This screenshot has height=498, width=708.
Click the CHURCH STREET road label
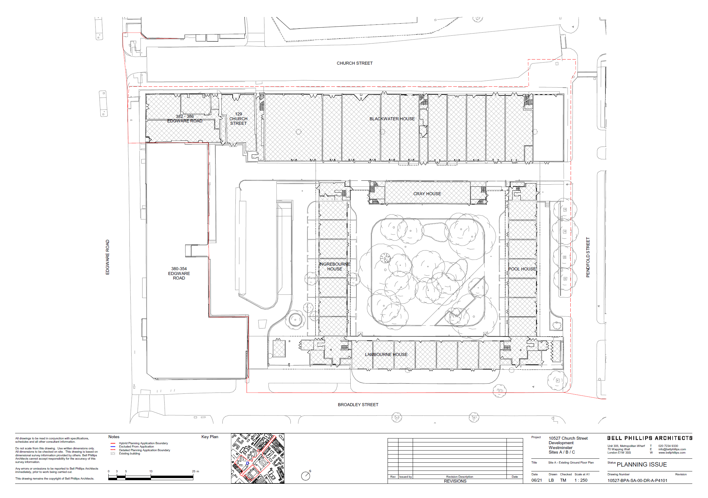click(355, 63)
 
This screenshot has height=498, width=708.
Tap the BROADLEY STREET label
click(358, 405)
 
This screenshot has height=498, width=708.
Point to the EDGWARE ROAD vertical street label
click(108, 257)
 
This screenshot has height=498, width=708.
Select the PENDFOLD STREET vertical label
click(588, 257)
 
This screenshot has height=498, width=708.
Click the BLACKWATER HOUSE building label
click(392, 119)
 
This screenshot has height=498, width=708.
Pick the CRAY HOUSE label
click(427, 194)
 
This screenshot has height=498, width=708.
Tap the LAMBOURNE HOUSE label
click(386, 354)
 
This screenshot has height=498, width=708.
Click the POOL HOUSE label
click(522, 269)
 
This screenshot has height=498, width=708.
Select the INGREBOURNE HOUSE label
click(335, 267)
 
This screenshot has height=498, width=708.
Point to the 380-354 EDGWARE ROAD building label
click(179, 273)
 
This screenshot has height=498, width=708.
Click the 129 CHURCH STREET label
click(238, 118)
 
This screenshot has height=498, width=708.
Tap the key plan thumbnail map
click(258, 458)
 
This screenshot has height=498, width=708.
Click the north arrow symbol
click(306, 476)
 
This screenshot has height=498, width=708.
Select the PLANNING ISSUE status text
click(642, 464)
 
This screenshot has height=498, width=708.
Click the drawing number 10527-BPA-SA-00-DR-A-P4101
click(638, 480)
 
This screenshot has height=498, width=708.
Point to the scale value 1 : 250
click(581, 480)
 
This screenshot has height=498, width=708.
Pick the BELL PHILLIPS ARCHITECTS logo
click(650, 438)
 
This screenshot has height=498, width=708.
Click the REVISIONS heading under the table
click(455, 481)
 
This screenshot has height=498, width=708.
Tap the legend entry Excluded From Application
click(136, 447)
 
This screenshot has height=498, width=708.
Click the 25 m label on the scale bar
click(195, 471)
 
